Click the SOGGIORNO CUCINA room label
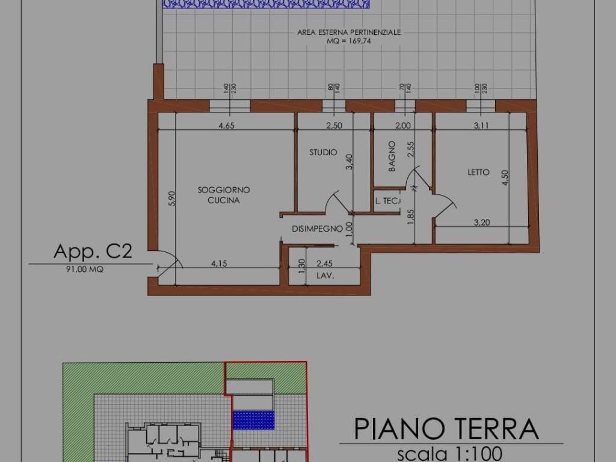(x=224, y=195)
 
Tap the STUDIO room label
(x=323, y=153)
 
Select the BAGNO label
(x=392, y=156)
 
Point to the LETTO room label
(x=479, y=173)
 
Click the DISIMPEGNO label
(x=317, y=229)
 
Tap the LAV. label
(x=325, y=276)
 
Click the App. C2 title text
(x=93, y=251)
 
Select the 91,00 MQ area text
(x=84, y=269)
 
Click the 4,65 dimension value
(x=226, y=126)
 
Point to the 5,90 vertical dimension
(x=171, y=199)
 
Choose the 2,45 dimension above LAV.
(x=325, y=263)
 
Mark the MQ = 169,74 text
(x=349, y=42)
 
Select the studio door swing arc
(x=334, y=202)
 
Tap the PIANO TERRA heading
(x=446, y=428)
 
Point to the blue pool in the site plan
(x=253, y=419)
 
